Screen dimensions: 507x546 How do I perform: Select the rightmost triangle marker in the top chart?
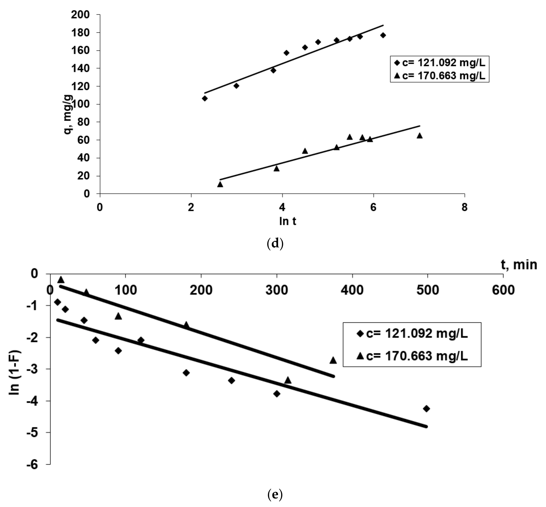419,135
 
